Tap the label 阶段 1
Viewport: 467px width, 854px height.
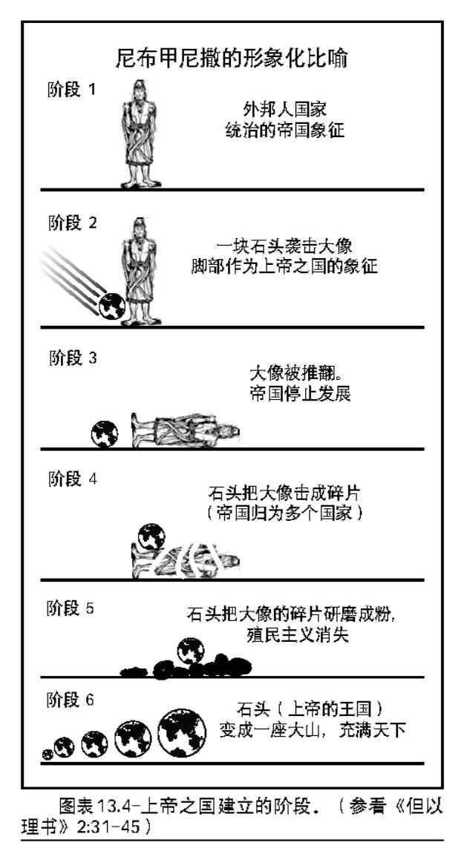pos(72,90)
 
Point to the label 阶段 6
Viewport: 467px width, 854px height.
pos(71,700)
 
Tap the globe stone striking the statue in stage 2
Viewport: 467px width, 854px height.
pos(112,306)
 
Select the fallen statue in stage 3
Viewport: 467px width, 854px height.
pos(186,431)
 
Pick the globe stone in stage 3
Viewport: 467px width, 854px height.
pos(105,433)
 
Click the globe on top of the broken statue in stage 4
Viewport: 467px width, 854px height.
pos(151,536)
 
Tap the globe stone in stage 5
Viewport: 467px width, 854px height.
pos(191,651)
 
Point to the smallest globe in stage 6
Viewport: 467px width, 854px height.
pos(48,754)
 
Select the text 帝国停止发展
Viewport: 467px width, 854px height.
pos(300,394)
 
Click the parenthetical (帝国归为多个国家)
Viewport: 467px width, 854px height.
pos(285,513)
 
